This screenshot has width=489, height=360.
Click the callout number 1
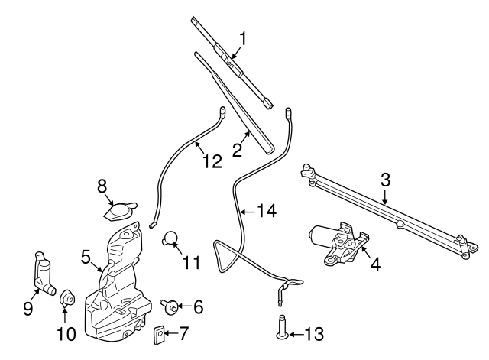click(244, 37)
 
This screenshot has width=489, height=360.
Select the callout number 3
click(386, 181)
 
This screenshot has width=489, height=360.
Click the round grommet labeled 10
click(66, 297)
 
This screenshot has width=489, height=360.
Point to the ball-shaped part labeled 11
click(172, 238)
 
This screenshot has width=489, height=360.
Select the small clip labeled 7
click(161, 334)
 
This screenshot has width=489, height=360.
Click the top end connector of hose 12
click(222, 112)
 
